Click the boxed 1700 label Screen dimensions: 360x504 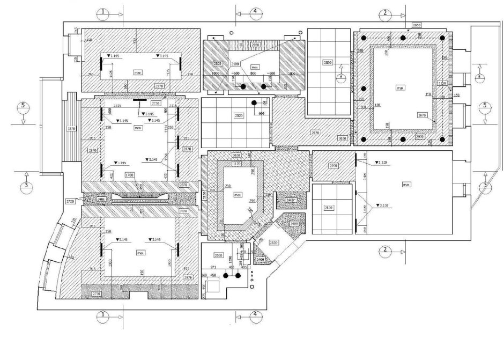click(x=130, y=175)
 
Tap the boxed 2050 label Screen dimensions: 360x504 click(x=417, y=26)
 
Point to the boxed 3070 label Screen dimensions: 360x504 click(x=421, y=115)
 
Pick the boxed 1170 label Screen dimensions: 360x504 click(x=236, y=164)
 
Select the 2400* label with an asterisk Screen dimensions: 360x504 click(x=291, y=200)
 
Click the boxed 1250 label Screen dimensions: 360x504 click(x=442, y=84)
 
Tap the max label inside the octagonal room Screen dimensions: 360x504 click(x=237, y=196)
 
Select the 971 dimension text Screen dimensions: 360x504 click(x=212, y=267)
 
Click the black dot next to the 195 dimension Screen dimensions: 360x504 click(x=256, y=102)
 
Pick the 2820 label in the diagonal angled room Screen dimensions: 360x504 click(x=273, y=243)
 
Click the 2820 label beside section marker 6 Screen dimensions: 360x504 click(x=327, y=63)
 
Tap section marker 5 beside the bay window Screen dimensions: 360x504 click(x=23, y=106)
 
